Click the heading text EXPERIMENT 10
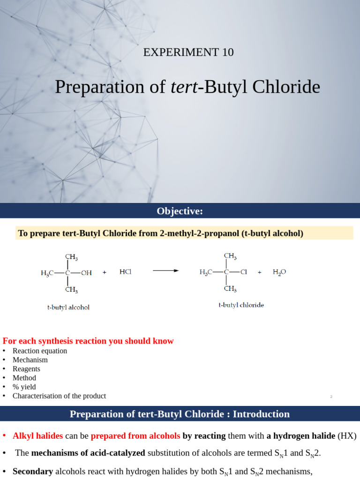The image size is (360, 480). [188, 52]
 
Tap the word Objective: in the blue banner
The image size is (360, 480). [180, 211]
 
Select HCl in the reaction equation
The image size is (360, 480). [126, 271]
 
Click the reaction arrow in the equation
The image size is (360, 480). [165, 270]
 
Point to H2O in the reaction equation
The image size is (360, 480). [279, 272]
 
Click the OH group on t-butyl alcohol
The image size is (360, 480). [86, 272]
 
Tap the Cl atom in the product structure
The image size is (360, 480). [244, 272]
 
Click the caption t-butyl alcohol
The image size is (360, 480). [68, 307]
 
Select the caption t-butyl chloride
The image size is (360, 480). [241, 305]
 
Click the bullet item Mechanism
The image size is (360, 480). [30, 360]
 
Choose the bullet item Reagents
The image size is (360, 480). [26, 369]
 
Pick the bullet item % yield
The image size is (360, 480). [24, 387]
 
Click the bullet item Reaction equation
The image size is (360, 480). [40, 351]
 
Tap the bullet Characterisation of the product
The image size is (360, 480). [59, 396]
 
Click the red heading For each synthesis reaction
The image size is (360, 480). [88, 341]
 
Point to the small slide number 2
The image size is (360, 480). [331, 397]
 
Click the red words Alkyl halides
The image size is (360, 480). [37, 436]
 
